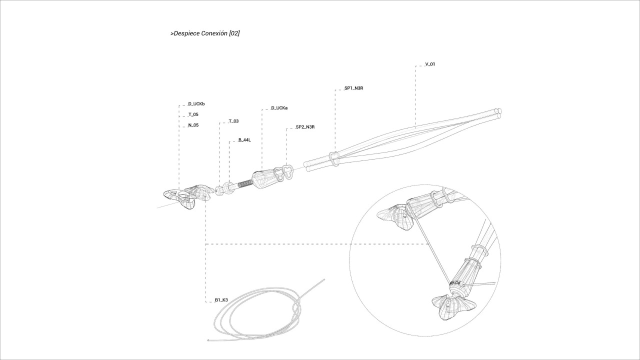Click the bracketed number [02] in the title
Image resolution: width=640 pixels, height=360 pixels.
[233, 34]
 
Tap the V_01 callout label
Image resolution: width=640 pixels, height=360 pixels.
[430, 64]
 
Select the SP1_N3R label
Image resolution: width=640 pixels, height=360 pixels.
[353, 88]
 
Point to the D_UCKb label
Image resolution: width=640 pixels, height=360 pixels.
[196, 104]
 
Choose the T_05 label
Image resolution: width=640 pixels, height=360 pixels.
[193, 114]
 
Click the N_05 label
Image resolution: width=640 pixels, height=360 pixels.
[193, 125]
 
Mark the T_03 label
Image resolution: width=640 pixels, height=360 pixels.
[233, 121]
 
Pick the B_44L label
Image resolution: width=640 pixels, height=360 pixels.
[244, 140]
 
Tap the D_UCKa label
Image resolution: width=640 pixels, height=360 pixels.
[279, 108]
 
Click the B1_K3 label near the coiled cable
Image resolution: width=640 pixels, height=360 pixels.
[221, 300]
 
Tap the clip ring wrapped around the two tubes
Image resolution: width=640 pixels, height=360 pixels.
[333, 158]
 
